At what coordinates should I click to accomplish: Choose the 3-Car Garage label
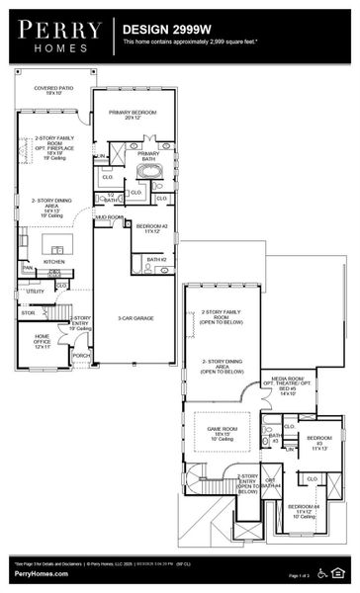click(x=135, y=318)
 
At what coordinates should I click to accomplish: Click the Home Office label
click(x=37, y=342)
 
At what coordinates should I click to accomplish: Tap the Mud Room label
click(x=109, y=216)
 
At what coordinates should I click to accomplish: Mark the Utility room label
click(x=36, y=292)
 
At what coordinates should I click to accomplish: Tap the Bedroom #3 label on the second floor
click(x=319, y=441)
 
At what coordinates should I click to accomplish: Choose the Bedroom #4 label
click(x=303, y=512)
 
